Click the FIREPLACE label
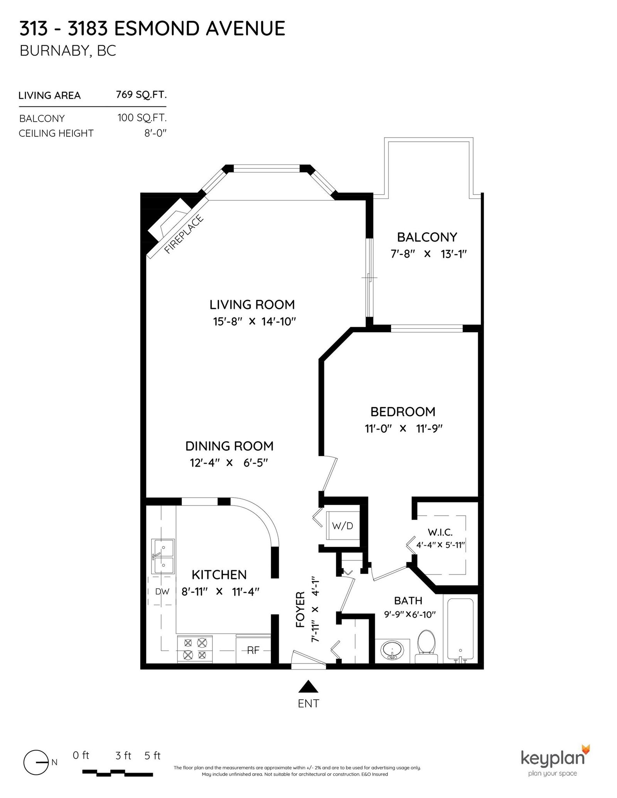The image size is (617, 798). [184, 235]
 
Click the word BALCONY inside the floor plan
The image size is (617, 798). [427, 237]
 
